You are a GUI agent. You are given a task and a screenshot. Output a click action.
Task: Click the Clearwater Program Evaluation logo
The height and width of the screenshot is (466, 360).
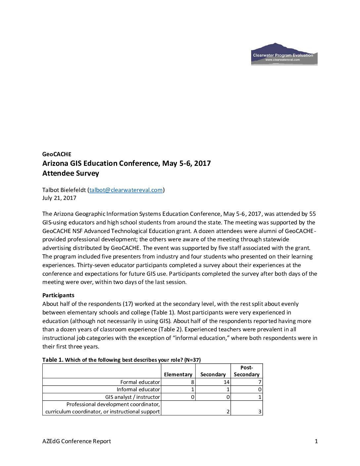[284, 54]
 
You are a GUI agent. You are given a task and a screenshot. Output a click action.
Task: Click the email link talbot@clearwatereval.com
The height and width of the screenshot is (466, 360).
[126, 190]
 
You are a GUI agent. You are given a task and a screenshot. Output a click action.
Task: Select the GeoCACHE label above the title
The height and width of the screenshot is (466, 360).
[57, 154]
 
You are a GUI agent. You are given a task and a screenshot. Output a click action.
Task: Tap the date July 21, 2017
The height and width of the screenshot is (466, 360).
[59, 198]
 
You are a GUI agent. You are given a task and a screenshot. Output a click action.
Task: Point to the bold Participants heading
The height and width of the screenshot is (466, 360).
[58, 295]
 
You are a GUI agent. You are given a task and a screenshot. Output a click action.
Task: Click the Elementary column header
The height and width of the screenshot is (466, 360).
[178, 374]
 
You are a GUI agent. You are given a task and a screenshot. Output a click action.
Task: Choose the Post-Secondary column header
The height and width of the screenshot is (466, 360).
[247, 371]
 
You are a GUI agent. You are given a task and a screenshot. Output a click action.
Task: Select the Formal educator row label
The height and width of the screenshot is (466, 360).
[140, 382]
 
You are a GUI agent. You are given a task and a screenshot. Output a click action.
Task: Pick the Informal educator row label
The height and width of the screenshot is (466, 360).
[138, 390]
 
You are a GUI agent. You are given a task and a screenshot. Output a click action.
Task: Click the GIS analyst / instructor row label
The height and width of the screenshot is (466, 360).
[132, 397]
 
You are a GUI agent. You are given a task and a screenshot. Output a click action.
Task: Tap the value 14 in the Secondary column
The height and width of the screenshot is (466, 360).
[226, 382]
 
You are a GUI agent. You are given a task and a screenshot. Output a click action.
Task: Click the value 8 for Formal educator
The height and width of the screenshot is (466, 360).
[193, 382]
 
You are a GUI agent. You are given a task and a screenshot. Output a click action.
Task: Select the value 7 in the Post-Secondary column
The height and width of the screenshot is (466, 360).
[260, 382]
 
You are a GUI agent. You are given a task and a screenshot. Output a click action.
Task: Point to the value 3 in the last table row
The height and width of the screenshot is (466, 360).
[260, 412]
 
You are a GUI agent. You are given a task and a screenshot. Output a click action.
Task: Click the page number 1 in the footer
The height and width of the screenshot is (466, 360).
[316, 441]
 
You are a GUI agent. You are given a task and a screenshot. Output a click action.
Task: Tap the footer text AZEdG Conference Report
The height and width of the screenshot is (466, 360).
[76, 441]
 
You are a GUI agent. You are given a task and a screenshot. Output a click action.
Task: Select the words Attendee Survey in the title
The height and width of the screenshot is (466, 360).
[70, 173]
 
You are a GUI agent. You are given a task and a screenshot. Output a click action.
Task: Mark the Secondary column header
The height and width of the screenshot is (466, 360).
[213, 374]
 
